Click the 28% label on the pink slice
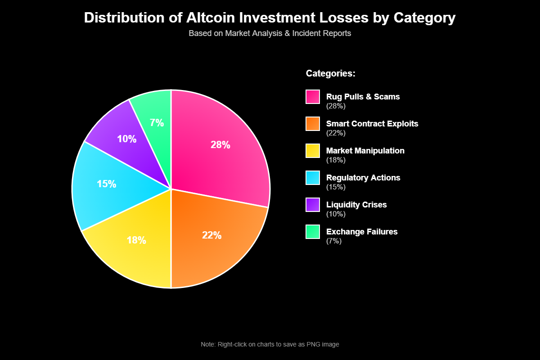click(220, 145)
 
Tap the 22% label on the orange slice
click(211, 235)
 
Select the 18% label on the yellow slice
click(136, 240)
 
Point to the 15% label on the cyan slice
click(107, 184)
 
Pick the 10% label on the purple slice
click(126, 139)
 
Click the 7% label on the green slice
click(157, 123)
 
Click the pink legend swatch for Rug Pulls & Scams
click(313, 97)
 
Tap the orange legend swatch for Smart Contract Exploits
click(313, 124)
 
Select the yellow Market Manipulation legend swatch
click(313, 151)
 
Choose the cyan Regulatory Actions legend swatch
click(313, 178)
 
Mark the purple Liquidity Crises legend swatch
click(313, 205)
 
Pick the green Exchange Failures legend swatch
click(313, 232)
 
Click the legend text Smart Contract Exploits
click(372, 124)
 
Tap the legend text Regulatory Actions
click(363, 178)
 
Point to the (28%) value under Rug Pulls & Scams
click(336, 106)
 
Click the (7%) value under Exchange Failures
click(334, 241)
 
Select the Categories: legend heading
click(331, 73)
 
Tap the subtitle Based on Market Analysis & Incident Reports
click(270, 33)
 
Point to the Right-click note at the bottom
click(270, 344)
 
